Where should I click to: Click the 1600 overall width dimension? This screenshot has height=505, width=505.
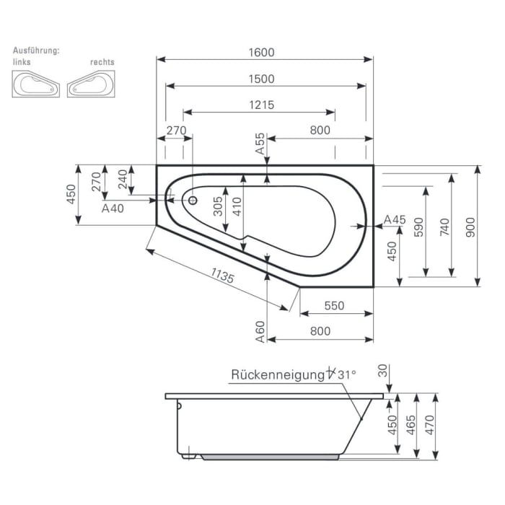coord(265,52)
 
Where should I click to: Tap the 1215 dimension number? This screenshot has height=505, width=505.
coord(261,105)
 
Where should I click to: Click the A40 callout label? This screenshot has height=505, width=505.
coord(113,208)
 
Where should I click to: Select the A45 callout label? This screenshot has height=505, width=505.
coord(395,219)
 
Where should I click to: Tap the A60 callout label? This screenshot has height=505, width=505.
coord(260,330)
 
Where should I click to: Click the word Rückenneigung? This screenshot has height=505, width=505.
coord(276,374)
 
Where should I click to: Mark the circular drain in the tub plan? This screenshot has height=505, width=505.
coord(193,201)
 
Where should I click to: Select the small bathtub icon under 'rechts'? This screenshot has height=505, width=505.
coord(92,85)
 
